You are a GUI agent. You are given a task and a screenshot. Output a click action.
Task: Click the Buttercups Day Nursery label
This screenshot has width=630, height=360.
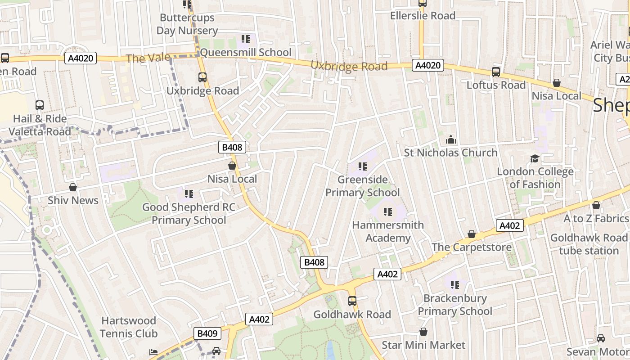coord(187,24)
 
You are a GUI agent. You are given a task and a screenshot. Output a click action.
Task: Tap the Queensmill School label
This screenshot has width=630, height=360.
coord(246,52)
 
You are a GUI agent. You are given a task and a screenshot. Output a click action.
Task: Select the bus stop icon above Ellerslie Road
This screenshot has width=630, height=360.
coord(422,3)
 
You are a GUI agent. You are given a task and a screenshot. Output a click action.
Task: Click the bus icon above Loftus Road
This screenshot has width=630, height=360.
coord(496,72)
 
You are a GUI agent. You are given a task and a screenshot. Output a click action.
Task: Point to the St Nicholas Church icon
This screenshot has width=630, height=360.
coord(450,140)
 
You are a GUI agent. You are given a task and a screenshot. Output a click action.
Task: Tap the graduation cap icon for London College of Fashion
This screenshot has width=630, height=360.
coord(535,158)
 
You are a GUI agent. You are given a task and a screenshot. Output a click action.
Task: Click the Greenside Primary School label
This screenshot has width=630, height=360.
coord(362,186)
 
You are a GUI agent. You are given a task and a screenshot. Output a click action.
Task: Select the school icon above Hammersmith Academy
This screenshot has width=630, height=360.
coord(387,212)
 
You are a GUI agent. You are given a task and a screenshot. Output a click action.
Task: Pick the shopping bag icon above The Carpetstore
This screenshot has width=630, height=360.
coord(472,234)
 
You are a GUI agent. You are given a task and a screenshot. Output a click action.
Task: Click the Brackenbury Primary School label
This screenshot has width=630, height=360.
coord(455,305)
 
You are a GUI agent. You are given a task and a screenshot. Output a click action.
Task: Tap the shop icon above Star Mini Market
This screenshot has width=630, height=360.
coord(423,332)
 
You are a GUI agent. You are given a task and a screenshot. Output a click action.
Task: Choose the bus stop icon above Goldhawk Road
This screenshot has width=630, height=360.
coord(352,301)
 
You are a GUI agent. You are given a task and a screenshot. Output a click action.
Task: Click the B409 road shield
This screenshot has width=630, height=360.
coord(207,333)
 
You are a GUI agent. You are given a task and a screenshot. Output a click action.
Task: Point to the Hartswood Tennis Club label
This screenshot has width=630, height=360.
coord(129,327)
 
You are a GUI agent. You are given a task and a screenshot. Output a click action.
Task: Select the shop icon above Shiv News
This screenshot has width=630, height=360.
coord(73,187)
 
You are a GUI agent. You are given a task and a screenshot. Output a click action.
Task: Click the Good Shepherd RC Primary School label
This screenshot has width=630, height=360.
coord(189,213)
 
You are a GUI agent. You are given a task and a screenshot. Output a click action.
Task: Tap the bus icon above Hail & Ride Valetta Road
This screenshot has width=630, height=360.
coord(40,105)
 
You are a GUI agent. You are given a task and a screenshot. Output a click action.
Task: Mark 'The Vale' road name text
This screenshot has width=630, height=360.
coord(148,58)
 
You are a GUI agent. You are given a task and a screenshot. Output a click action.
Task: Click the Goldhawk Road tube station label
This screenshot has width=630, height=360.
coord(589,244)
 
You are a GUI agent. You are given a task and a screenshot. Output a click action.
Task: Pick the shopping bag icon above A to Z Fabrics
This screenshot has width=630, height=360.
coord(596,205)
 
